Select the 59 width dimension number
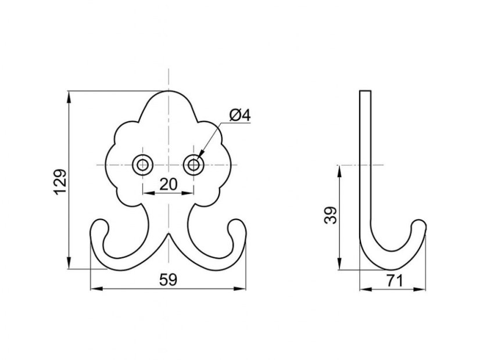169,279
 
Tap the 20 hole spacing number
169,185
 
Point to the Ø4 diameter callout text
241,116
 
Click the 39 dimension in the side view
331,215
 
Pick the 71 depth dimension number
394,281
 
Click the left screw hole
142,165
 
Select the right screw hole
194,165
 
